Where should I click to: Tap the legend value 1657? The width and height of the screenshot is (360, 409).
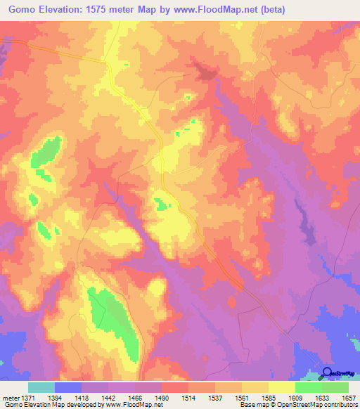(x=348, y=397)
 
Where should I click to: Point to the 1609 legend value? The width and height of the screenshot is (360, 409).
(x=295, y=397)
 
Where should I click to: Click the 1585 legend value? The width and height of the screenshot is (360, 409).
(x=269, y=397)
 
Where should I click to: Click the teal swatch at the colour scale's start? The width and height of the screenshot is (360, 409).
(x=41, y=387)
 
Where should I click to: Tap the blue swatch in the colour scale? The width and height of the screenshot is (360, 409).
(x=68, y=387)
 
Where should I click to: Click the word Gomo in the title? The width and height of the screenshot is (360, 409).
(x=23, y=10)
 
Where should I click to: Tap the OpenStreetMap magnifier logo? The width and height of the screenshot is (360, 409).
(x=327, y=372)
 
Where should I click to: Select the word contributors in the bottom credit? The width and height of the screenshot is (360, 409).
(x=340, y=405)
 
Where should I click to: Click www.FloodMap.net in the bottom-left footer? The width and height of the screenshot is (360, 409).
(x=136, y=405)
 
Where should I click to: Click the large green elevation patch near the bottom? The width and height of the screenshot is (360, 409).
(x=112, y=320)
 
